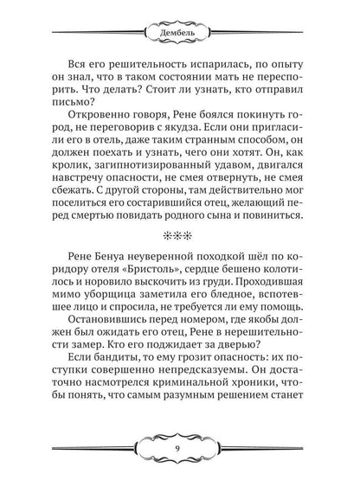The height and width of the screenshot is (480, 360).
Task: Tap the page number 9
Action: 180,448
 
